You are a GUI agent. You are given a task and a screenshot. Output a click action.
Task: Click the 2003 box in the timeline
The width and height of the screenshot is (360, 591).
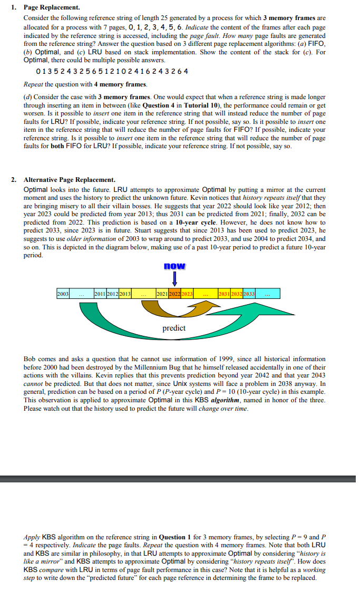pyautogui.click(x=63, y=293)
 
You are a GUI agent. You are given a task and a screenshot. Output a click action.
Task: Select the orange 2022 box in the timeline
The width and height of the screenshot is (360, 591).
pyautogui.click(x=174, y=293)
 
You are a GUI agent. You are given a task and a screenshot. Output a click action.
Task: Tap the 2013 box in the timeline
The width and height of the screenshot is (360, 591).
pyautogui.click(x=124, y=293)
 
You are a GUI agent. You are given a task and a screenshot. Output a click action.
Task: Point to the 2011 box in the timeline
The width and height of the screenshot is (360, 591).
pyautogui.click(x=99, y=293)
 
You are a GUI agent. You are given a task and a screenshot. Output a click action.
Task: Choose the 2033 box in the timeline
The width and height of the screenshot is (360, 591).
pyautogui.click(x=249, y=293)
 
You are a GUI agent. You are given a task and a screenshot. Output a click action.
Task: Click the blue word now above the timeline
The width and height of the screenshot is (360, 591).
pyautogui.click(x=174, y=266)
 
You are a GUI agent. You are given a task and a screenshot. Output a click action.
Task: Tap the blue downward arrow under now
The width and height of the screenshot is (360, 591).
pyautogui.click(x=174, y=278)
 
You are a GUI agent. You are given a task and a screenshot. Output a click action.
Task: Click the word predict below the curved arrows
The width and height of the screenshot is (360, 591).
pyautogui.click(x=174, y=328)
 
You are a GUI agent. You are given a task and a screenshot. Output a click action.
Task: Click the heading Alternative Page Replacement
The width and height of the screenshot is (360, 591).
pyautogui.click(x=69, y=180)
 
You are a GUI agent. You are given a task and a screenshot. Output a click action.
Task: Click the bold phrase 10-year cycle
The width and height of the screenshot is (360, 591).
pyautogui.click(x=194, y=222)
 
